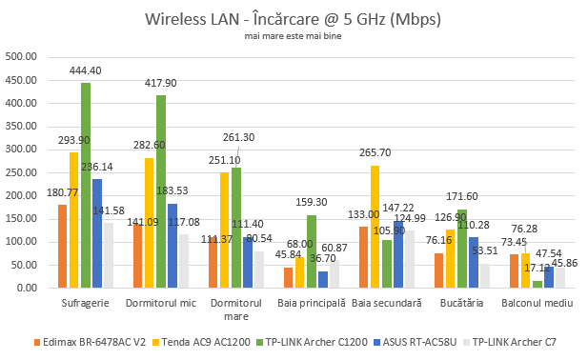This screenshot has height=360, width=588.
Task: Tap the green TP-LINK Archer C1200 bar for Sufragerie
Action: pos(86,186)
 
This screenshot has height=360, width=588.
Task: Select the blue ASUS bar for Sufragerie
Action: pos(97,233)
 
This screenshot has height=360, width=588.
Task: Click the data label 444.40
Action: pos(86,70)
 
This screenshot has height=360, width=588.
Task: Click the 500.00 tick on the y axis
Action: pos(21,56)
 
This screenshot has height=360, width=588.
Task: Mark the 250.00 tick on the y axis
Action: pos(21,172)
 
